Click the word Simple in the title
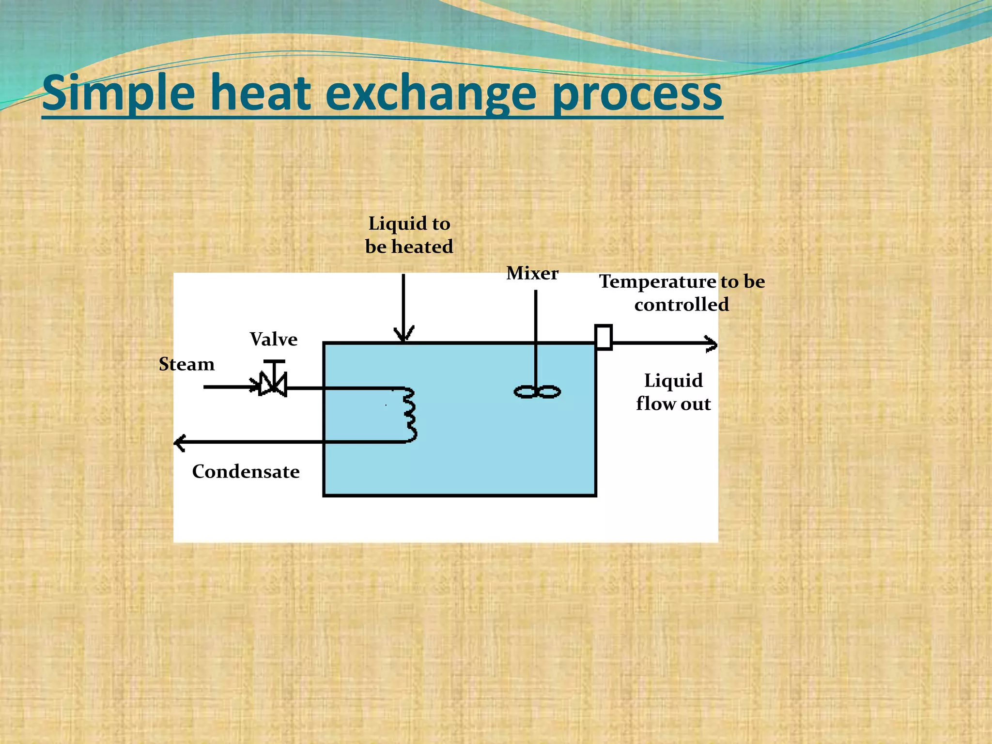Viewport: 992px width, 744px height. click(119, 93)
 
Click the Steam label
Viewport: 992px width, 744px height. click(186, 364)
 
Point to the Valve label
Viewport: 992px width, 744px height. click(274, 340)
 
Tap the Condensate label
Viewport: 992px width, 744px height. click(246, 472)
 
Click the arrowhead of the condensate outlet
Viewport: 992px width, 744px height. click(180, 442)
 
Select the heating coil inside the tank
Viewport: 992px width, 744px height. click(410, 416)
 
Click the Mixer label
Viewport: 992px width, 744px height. click(532, 273)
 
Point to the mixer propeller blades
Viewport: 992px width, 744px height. click(537, 392)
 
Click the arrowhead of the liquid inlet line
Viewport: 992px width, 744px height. click(403, 334)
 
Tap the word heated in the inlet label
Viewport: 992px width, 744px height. click(422, 247)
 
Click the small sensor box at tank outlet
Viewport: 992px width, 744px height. click(604, 337)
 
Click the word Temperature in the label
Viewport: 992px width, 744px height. click(657, 282)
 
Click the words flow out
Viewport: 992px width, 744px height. click(673, 404)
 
